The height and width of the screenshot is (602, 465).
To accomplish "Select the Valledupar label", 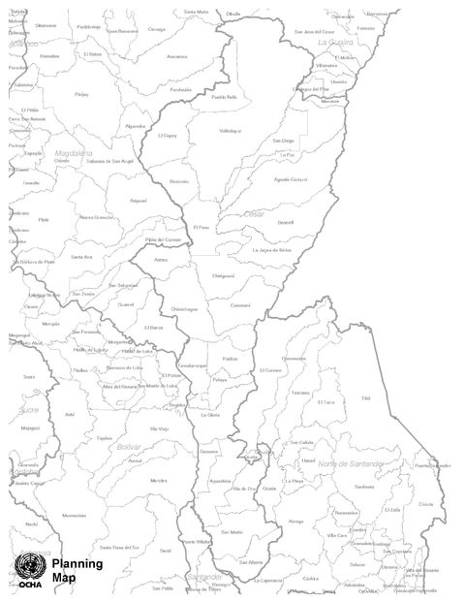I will pos(230,130).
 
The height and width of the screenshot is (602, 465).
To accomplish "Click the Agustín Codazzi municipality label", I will pos(289,179).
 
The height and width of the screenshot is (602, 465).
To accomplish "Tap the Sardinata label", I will pos(364,486).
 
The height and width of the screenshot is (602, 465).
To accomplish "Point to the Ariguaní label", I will pos(138,200).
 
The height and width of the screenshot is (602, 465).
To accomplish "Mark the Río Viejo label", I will pos(159,428).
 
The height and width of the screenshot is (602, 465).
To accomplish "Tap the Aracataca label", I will pos(176,56).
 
